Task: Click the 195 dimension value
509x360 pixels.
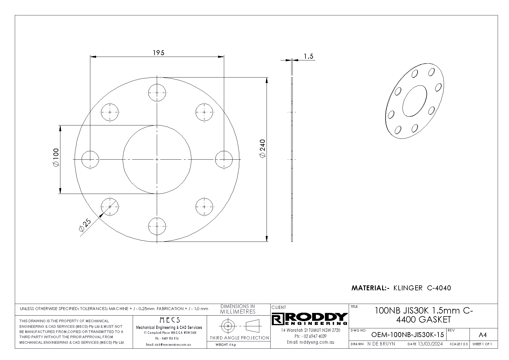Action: coord(159,53)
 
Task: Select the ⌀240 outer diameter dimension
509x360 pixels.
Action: coord(262,149)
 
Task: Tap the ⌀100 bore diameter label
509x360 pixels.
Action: coord(56,157)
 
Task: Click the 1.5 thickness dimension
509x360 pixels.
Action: coord(309,56)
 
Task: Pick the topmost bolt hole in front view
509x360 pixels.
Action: coord(157,93)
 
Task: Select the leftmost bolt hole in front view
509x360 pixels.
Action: coord(90,159)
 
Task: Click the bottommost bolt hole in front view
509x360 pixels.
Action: coord(157,226)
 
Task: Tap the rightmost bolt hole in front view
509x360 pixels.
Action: coord(224,159)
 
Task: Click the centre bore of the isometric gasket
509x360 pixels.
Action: coord(415,100)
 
